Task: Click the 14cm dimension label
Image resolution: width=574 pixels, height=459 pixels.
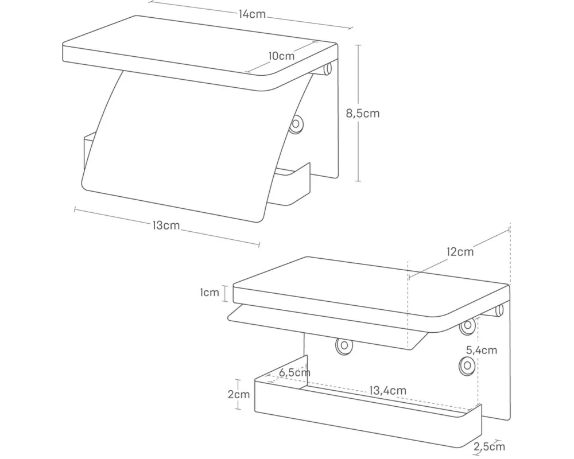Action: pyautogui.click(x=252, y=14)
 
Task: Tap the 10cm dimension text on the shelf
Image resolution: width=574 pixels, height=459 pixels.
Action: pyautogui.click(x=281, y=56)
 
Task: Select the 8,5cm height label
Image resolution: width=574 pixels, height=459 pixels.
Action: pyautogui.click(x=363, y=113)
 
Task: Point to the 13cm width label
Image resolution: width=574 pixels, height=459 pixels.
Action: pyautogui.click(x=166, y=225)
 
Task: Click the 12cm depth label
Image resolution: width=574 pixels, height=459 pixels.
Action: pyautogui.click(x=460, y=252)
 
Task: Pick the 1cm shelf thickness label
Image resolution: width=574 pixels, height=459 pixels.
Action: pyautogui.click(x=210, y=293)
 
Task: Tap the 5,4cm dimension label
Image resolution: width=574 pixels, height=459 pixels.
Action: pyautogui.click(x=482, y=351)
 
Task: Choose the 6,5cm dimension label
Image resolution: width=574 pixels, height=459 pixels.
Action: pyautogui.click(x=294, y=372)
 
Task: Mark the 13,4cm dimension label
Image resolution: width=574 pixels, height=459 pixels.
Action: pyautogui.click(x=387, y=391)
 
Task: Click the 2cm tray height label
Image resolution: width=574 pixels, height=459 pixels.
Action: pyautogui.click(x=239, y=394)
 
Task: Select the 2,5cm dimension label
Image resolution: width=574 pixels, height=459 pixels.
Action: pyautogui.click(x=490, y=446)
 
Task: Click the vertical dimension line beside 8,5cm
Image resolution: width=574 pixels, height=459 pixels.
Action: pyautogui.click(x=358, y=113)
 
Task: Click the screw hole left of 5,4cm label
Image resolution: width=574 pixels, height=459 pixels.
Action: pyautogui.click(x=467, y=365)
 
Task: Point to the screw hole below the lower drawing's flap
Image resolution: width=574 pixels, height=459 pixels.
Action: pyautogui.click(x=344, y=345)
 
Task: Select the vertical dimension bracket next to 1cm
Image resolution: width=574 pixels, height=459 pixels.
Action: pyautogui.click(x=226, y=293)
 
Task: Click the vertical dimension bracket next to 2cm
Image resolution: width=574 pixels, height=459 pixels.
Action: pyautogui.click(x=238, y=395)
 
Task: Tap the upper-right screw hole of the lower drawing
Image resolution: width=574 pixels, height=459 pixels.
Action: pyautogui.click(x=467, y=325)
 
